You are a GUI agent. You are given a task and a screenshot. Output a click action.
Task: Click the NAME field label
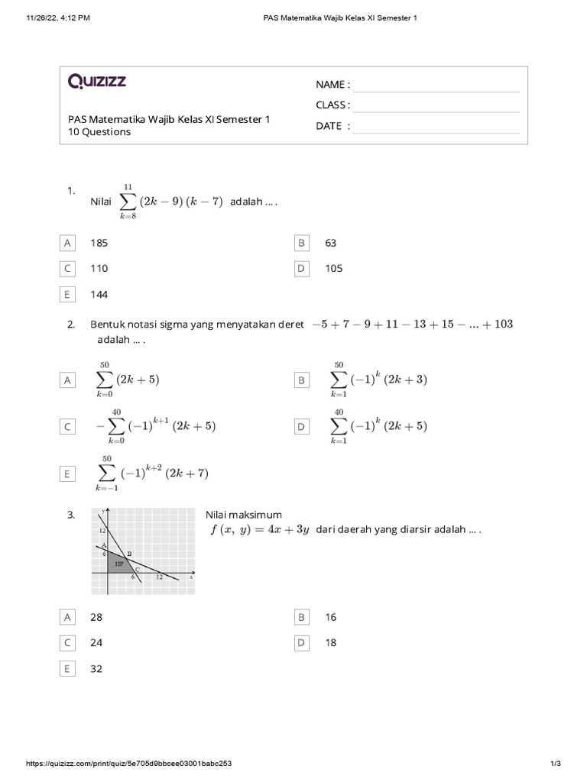click(x=332, y=84)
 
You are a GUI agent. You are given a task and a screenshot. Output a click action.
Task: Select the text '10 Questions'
click(x=99, y=132)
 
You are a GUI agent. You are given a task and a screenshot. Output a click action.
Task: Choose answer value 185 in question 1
click(x=99, y=243)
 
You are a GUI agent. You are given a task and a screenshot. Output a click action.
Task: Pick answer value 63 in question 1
click(x=331, y=243)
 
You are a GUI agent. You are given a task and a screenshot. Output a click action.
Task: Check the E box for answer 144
click(x=67, y=294)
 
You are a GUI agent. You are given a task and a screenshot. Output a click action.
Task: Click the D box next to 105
click(x=301, y=269)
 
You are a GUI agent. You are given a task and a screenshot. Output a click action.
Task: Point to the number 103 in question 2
click(x=503, y=325)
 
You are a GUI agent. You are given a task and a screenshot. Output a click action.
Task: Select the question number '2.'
click(x=71, y=325)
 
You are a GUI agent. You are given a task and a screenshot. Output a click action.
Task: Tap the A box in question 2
click(x=67, y=380)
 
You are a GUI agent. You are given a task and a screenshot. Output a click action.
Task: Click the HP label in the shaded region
click(x=118, y=564)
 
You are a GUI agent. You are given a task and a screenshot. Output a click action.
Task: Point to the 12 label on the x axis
click(x=159, y=578)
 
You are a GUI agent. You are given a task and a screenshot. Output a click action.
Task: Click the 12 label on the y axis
click(x=102, y=530)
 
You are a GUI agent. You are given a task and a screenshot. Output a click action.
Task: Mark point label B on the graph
click(x=129, y=554)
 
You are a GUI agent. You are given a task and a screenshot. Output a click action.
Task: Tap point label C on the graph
click(x=137, y=569)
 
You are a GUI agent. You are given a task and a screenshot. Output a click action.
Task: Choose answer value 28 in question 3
click(x=96, y=617)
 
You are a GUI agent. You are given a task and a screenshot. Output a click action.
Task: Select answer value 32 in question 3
click(x=96, y=669)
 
